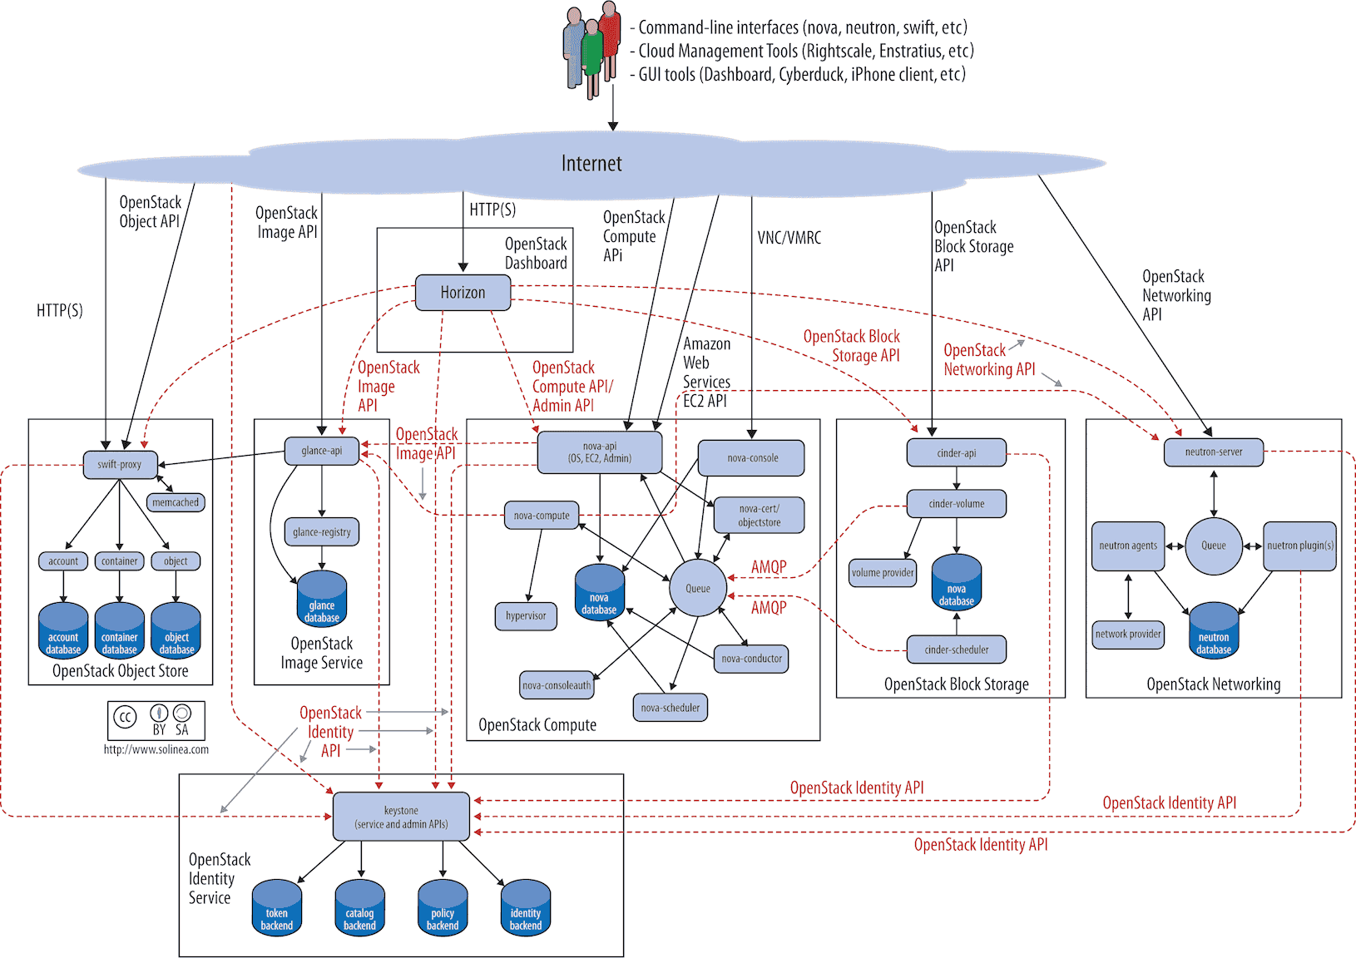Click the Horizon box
[463, 293]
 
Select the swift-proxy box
[120, 465]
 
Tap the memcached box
[176, 502]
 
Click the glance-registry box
[322, 532]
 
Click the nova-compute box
[542, 516]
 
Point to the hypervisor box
[526, 616]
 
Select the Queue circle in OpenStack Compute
[698, 588]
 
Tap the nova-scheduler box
[671, 709]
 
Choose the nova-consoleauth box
[557, 685]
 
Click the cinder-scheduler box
[957, 649]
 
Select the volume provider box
[883, 572]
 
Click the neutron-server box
[1214, 452]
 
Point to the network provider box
[1128, 634]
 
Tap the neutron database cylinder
[1214, 633]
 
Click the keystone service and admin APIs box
[401, 817]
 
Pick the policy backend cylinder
[443, 908]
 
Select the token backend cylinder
[277, 908]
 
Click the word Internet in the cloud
[591, 163]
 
